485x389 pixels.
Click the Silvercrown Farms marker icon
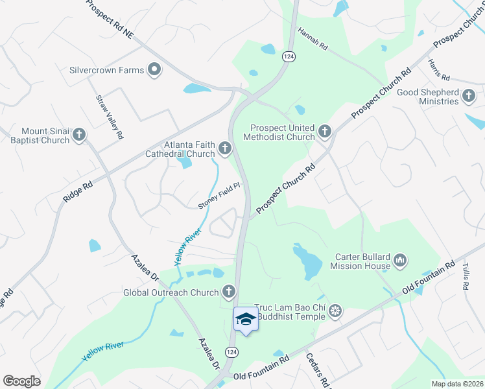tap(154, 69)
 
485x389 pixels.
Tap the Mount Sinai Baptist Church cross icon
tap(79, 135)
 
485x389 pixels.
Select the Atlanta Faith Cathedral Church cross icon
tap(225, 149)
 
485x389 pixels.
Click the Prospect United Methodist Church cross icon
tap(325, 132)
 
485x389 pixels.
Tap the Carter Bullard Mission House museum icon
tap(400, 261)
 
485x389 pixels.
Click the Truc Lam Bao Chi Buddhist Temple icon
tap(335, 311)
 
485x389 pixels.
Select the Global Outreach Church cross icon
tap(228, 292)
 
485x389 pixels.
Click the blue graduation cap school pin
tap(246, 319)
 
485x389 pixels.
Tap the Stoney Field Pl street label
tap(219, 196)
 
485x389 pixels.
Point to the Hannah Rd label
tap(314, 40)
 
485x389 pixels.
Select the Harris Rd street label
tap(434, 70)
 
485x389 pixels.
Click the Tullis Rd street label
tap(466, 276)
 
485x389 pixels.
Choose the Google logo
tap(21, 381)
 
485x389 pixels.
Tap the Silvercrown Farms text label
tap(107, 69)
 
